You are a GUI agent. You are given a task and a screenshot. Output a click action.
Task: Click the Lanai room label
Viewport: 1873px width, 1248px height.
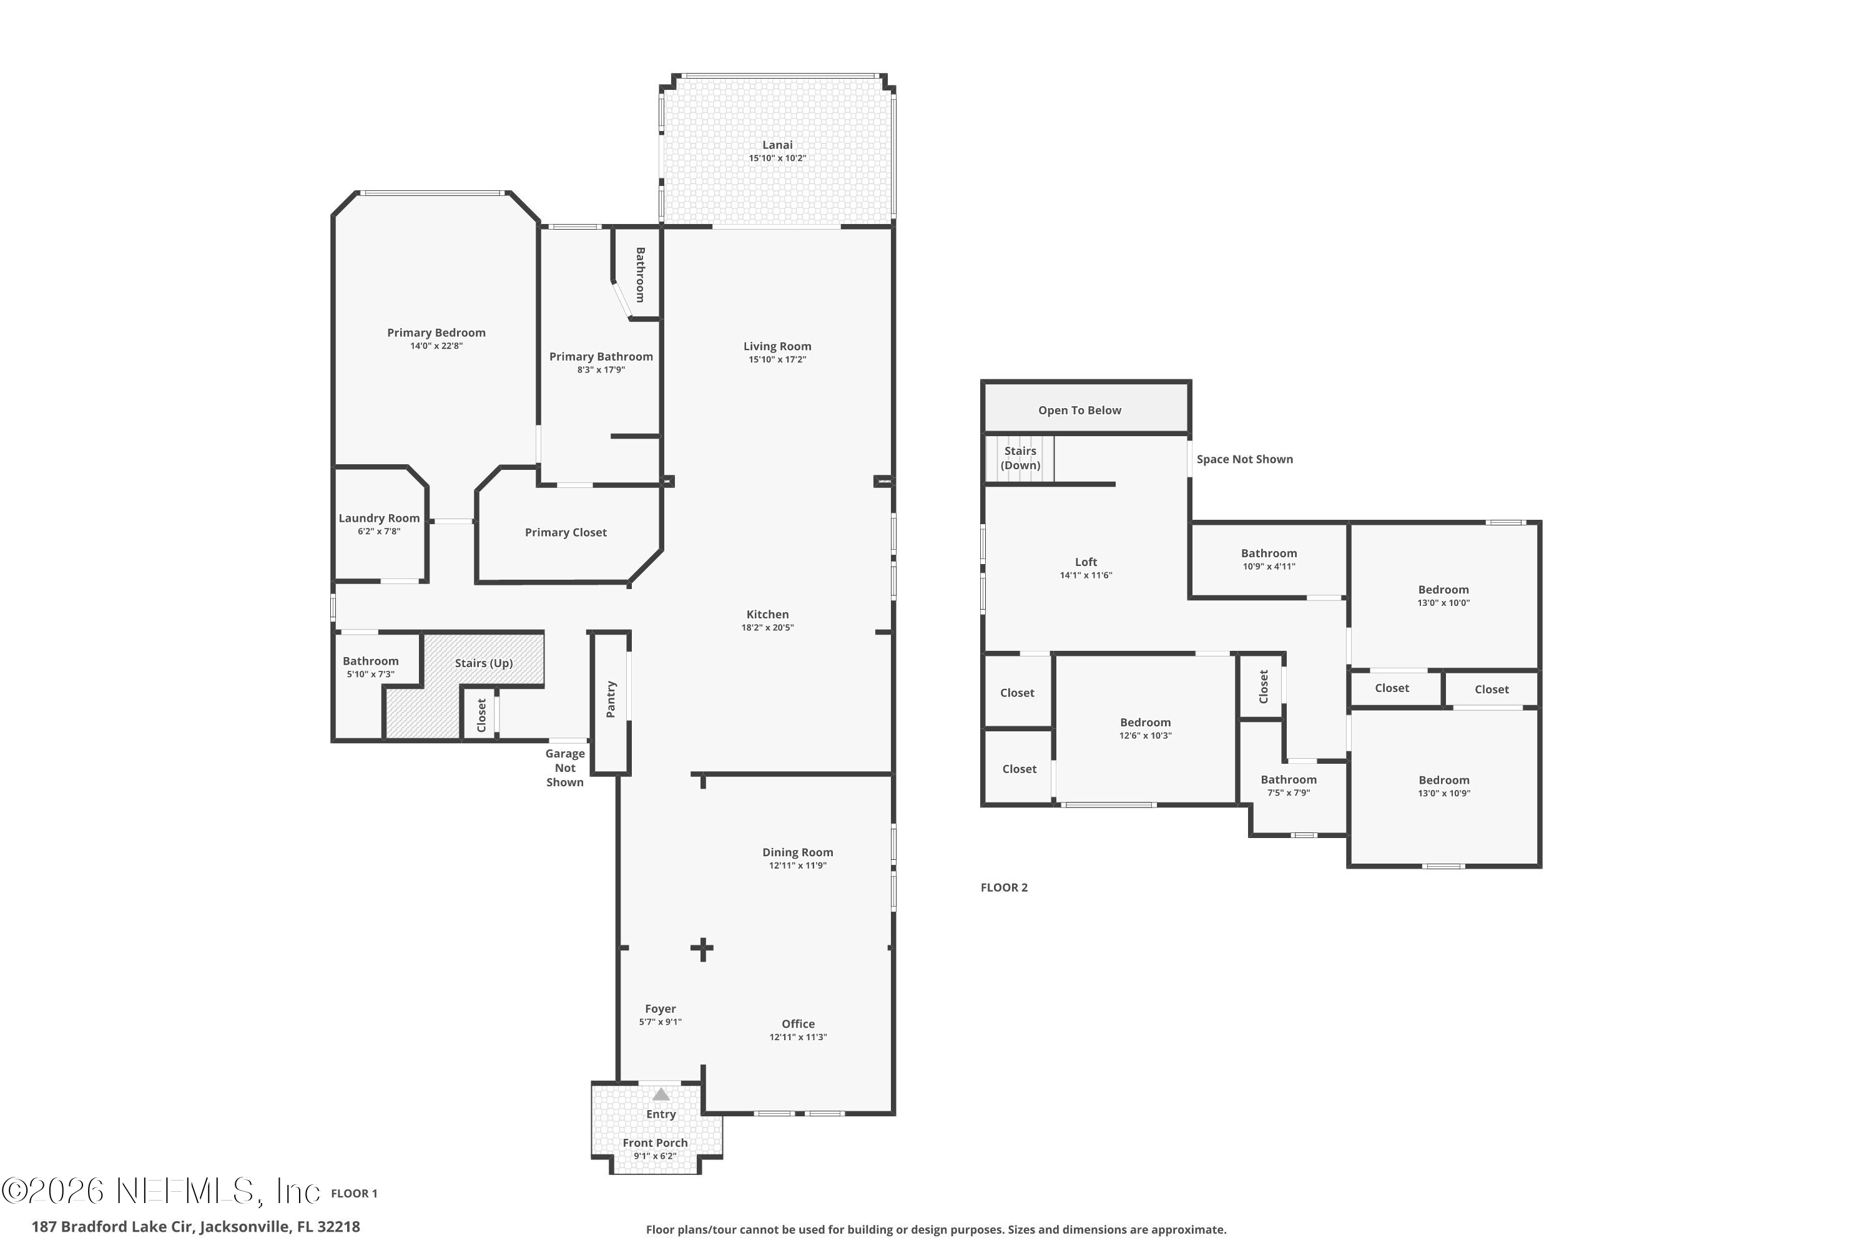click(777, 145)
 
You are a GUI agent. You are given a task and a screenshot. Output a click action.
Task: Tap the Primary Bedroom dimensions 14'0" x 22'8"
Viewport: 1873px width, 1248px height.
click(436, 346)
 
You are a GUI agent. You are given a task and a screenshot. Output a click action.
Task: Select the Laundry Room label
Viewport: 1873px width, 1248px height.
click(379, 518)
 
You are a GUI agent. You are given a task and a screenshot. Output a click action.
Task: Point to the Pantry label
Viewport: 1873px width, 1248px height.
click(611, 699)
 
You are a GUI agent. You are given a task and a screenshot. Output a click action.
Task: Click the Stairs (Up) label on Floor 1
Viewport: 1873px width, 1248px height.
click(483, 663)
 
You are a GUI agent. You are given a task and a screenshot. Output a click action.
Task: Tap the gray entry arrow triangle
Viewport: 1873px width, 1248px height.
click(661, 1094)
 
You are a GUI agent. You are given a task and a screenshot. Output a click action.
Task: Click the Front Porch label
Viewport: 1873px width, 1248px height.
click(654, 1143)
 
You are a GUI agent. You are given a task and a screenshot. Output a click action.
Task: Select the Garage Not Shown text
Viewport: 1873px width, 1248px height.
click(564, 768)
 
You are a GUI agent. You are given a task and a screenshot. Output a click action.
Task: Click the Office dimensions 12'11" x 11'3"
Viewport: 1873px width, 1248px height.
click(798, 1037)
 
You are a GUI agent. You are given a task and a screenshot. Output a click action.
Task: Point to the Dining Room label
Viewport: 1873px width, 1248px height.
click(797, 852)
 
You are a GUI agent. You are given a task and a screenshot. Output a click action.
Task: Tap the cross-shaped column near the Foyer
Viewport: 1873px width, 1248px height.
click(702, 948)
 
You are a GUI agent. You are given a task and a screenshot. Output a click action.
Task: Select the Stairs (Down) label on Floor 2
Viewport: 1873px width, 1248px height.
click(1020, 459)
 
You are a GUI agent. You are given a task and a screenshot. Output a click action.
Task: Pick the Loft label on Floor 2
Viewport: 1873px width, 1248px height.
click(1086, 562)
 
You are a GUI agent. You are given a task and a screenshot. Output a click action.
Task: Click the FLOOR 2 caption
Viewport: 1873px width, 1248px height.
click(1003, 887)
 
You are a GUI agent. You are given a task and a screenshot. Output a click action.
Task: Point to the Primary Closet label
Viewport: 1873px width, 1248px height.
click(566, 532)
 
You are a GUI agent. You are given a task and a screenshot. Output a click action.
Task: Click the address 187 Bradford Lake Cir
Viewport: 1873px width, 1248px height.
click(195, 1227)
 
